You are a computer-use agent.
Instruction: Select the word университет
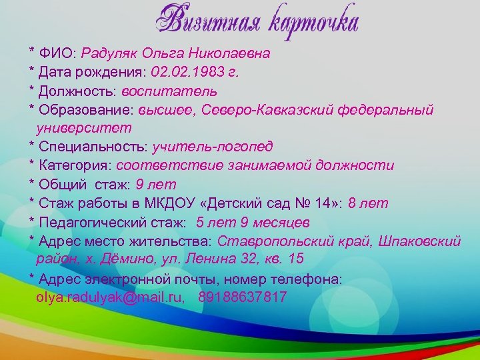[84, 127]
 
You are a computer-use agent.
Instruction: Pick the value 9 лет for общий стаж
[155, 184]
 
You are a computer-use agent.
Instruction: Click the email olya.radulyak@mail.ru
[110, 297]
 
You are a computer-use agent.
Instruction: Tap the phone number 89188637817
[243, 297]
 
